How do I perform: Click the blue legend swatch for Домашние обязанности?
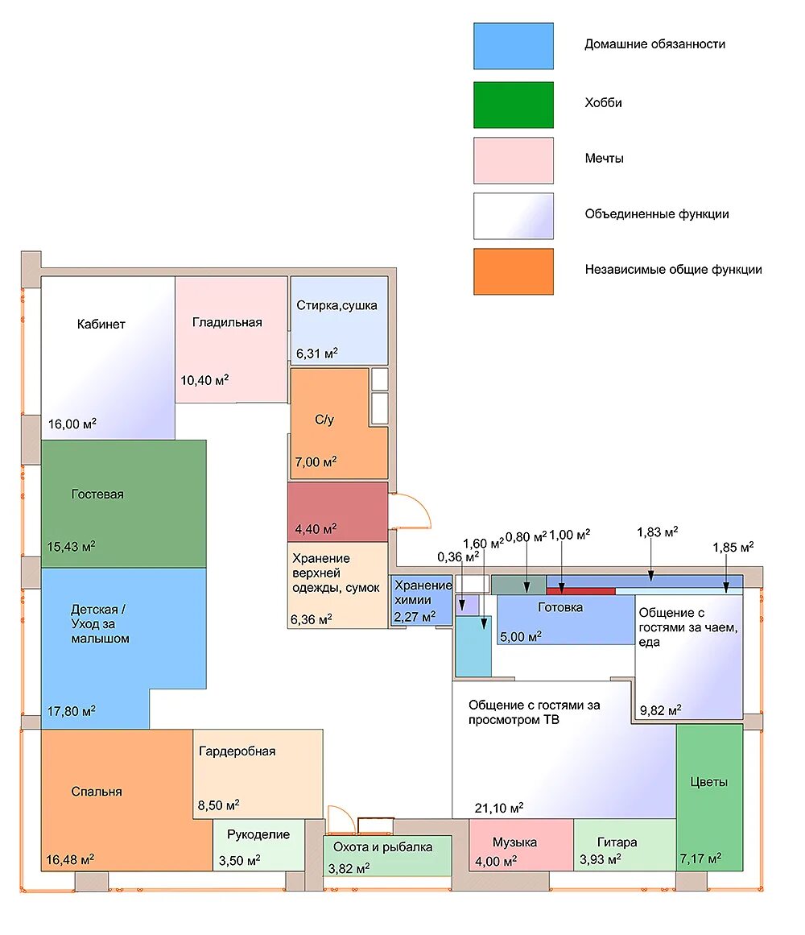coord(513,46)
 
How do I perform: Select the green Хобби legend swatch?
coord(513,105)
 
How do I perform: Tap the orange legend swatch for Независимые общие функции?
coord(513,271)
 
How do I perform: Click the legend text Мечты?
coord(604,159)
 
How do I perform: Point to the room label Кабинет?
coord(101,325)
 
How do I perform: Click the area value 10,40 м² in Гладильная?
coord(204,379)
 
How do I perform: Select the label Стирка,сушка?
coord(336,306)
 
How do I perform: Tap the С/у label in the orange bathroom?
coord(324,420)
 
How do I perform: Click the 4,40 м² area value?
coord(315,529)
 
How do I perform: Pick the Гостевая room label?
coord(97,494)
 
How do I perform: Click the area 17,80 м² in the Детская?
coord(72,710)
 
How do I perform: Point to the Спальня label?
coord(97,792)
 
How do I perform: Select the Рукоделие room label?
coord(258,834)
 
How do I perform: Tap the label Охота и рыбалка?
coord(382,847)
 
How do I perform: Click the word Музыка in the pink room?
coord(515,842)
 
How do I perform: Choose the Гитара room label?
coord(617,842)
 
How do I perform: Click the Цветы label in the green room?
coord(709,782)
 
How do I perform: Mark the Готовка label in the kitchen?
coord(560,607)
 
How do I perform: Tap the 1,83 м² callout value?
coord(657,532)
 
